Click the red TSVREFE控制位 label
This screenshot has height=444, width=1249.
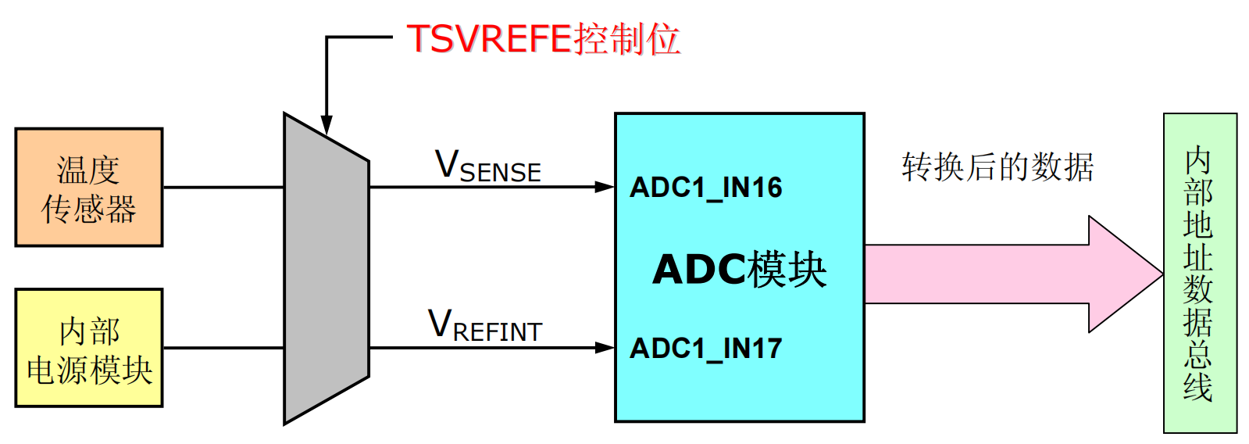pos(543,38)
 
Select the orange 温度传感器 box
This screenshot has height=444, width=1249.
pos(88,187)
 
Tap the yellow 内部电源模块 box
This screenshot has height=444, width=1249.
pos(88,347)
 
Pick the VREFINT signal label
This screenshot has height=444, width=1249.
pos(485,327)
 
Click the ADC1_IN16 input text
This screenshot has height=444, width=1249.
pos(706,188)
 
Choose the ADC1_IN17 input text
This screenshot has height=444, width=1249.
pos(706,348)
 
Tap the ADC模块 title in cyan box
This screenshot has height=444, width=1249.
pos(739,270)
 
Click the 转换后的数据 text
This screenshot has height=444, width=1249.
pos(997,167)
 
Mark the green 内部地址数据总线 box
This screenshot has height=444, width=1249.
pos(1200,273)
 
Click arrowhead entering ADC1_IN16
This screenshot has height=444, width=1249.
pos(605,187)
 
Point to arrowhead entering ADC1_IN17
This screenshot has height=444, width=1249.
pos(605,347)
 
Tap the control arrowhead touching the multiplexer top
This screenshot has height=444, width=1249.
pos(327,125)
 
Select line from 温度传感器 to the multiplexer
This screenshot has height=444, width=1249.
pos(223,187)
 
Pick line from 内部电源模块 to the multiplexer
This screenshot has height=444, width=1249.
pos(223,347)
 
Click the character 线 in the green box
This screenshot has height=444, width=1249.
pos(1198,387)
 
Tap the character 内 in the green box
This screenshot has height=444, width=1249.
pos(1198,160)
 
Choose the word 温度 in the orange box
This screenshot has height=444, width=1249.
pos(88,170)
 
